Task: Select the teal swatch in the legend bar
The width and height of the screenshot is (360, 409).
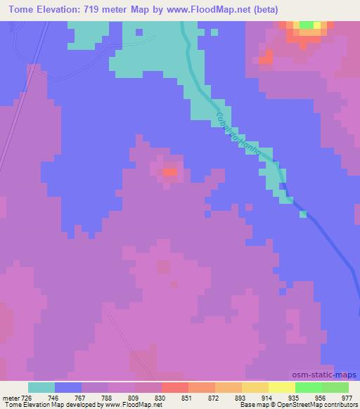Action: [41, 387]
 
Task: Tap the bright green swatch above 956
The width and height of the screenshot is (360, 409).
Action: [309, 387]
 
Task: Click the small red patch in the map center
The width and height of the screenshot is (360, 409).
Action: [170, 171]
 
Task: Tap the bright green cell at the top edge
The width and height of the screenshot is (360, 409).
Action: [307, 25]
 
